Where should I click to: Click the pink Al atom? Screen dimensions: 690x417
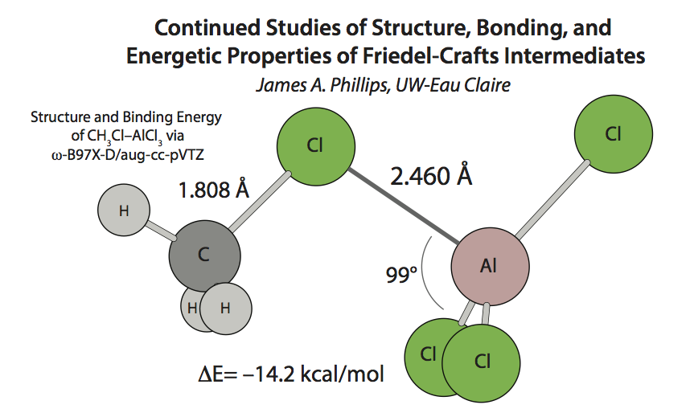point(490,267)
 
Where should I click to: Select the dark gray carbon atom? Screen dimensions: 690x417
point(205,256)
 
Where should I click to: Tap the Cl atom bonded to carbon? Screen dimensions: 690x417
point(315,146)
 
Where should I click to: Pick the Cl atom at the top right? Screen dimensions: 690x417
point(614,133)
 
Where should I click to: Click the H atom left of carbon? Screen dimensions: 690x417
point(124,211)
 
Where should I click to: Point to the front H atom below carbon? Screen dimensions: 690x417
point(226,309)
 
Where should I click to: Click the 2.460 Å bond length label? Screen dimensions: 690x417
point(431,176)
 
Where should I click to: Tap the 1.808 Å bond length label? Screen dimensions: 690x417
point(214,190)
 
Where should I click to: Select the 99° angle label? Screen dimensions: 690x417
point(401,275)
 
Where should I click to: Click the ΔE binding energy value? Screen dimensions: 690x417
point(291,374)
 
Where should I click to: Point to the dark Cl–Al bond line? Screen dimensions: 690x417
point(404,206)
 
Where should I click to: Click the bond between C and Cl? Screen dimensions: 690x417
point(260,202)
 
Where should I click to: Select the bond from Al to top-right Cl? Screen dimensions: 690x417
point(552,200)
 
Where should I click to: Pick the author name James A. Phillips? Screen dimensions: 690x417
point(322,85)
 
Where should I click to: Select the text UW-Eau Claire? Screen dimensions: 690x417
point(453,85)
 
